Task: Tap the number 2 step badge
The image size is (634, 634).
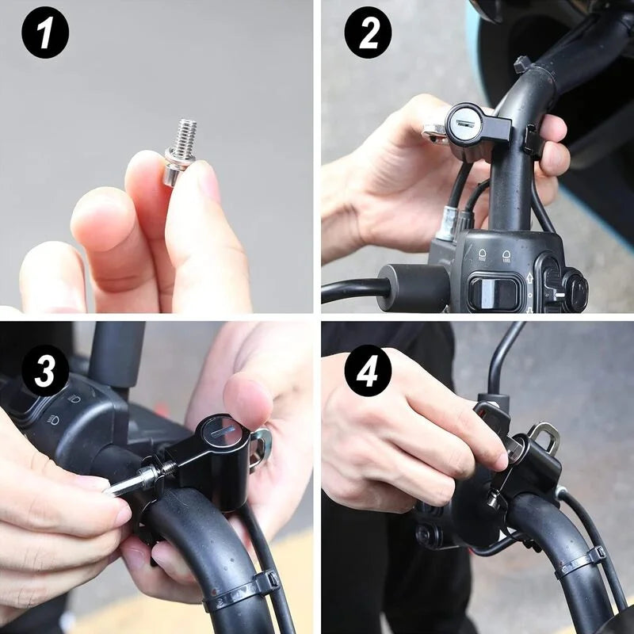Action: [368, 32]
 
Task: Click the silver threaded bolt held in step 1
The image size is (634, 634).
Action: [181, 150]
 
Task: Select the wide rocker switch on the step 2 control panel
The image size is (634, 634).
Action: [488, 291]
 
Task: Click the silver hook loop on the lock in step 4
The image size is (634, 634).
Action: [544, 435]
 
